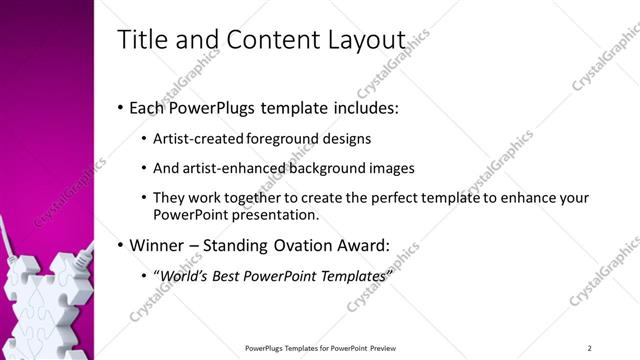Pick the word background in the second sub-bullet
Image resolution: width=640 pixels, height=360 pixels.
(x=322, y=168)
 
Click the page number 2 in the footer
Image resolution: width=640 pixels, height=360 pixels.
(x=590, y=347)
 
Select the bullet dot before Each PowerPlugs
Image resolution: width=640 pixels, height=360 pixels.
(x=120, y=106)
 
